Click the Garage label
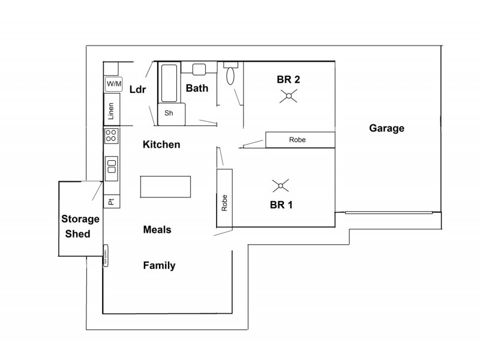coord(386,128)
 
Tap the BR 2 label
coord(288,79)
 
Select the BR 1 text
coord(281,205)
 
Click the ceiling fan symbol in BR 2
coord(289,96)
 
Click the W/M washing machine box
coord(112,84)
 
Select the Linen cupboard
coord(112,110)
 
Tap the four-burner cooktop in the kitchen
coord(112,136)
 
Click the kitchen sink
coord(112,169)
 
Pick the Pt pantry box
coord(112,202)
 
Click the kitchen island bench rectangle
coord(166,187)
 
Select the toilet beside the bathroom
coord(230,74)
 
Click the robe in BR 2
coord(299,140)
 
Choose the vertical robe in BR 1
coord(224,199)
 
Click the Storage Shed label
coord(77,227)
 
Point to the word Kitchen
coord(161,145)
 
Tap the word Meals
coord(157,229)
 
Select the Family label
coord(159,265)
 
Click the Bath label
coord(197,88)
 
